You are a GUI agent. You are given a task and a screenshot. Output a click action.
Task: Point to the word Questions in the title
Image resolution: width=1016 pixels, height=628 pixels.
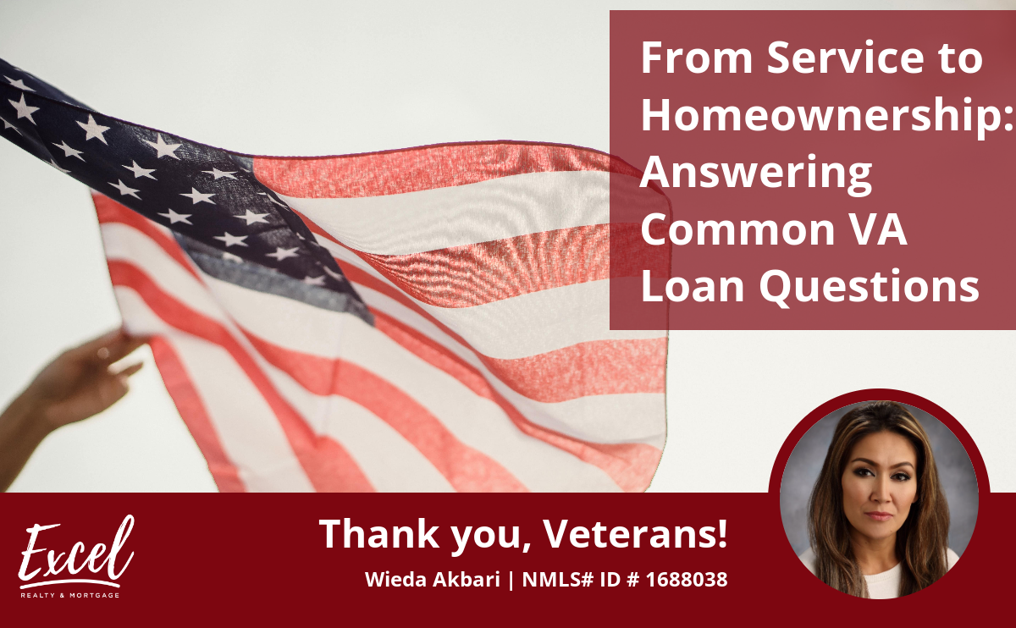[x=870, y=287]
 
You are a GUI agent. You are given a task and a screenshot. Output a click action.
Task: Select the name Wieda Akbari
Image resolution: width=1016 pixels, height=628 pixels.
[x=433, y=579]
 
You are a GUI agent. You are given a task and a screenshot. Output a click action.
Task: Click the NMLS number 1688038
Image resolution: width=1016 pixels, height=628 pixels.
[x=687, y=579]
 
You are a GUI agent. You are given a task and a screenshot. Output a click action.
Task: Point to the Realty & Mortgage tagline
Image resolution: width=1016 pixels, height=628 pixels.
[x=69, y=595]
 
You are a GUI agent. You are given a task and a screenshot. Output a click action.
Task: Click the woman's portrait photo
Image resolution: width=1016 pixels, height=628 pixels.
[x=879, y=499]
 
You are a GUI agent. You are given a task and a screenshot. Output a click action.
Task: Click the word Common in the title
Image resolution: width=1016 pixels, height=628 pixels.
[x=737, y=230]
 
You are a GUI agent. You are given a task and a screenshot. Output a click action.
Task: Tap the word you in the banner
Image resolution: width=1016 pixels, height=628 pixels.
[x=491, y=537]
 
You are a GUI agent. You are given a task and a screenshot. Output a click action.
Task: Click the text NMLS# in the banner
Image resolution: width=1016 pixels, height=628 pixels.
[x=558, y=579]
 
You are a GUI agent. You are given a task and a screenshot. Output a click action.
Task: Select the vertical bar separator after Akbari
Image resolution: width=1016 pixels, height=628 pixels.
[x=511, y=580]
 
